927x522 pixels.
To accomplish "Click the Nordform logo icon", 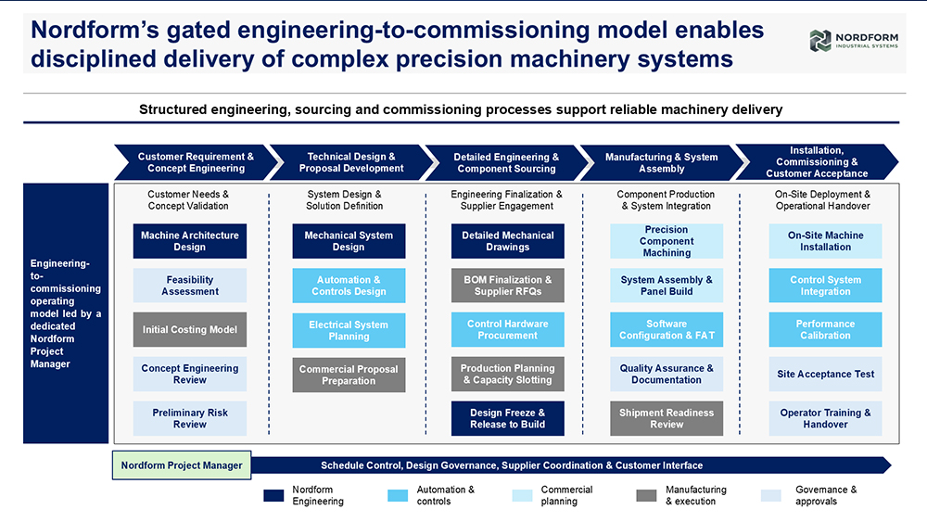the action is (820, 40).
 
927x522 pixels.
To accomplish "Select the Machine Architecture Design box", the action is (190, 241).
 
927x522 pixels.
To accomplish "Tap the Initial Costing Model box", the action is (190, 330).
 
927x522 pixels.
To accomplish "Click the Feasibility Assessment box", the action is (190, 286).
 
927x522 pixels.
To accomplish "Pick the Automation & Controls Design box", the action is (349, 286).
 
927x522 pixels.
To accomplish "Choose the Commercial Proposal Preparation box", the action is (349, 375).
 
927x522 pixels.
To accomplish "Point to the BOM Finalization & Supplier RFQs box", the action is (508, 286).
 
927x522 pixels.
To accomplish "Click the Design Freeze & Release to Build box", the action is (508, 418).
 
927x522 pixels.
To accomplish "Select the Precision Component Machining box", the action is (667, 241).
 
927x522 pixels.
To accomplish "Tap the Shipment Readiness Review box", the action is (667, 418).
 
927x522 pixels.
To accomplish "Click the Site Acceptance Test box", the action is (825, 375).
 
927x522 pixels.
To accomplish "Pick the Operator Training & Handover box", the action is (825, 418).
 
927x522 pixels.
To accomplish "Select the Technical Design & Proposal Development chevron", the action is (351, 162).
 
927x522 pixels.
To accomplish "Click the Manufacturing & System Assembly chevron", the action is (662, 162).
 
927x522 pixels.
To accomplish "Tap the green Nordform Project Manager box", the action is (182, 465).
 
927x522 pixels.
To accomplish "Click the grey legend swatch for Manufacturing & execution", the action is (646, 495).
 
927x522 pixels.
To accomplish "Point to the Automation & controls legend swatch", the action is (398, 495).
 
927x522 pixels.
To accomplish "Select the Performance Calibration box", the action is (825, 330).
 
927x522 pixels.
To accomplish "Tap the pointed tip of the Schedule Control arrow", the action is (891, 465).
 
